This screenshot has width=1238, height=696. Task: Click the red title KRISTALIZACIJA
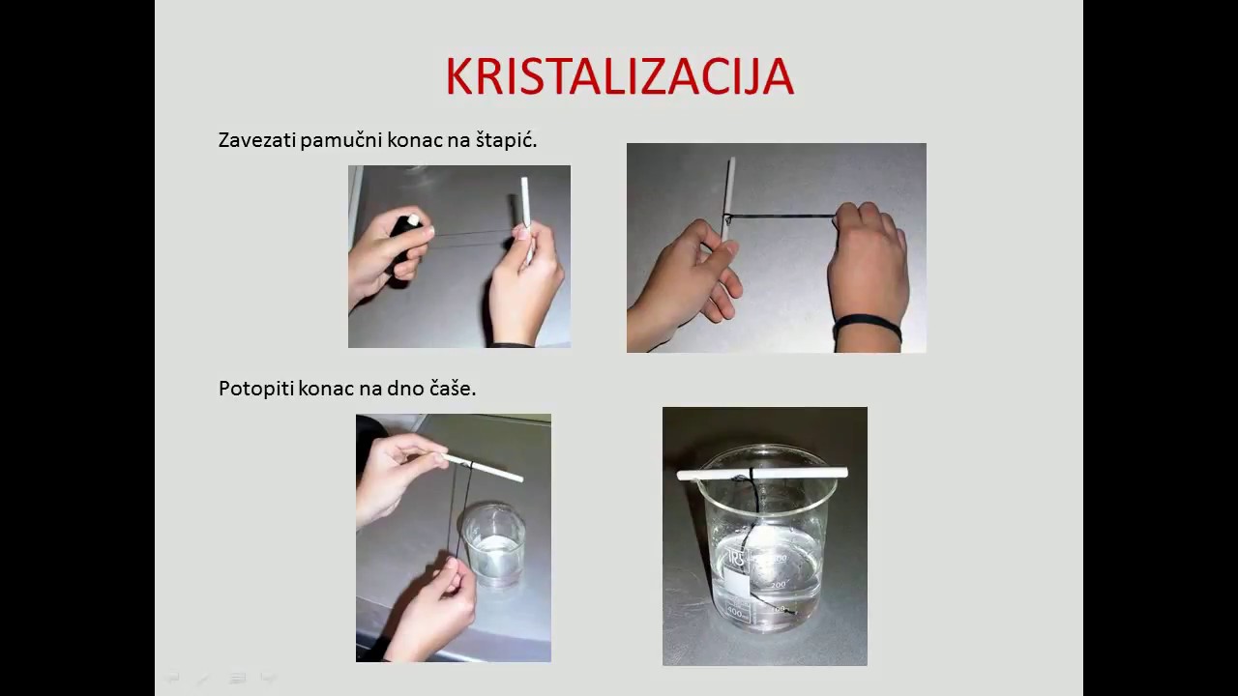coord(619,77)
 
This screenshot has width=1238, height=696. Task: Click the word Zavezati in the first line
coord(257,140)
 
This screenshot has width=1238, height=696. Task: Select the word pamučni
coord(342,140)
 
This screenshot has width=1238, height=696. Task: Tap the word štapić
coord(506,140)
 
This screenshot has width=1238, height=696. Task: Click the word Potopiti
coord(255,389)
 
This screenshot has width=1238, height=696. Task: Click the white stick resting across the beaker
coord(764,473)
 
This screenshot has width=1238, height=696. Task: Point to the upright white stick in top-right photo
coord(729,193)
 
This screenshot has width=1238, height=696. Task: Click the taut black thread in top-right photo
coord(781,217)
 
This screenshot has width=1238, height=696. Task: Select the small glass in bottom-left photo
coord(493,546)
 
